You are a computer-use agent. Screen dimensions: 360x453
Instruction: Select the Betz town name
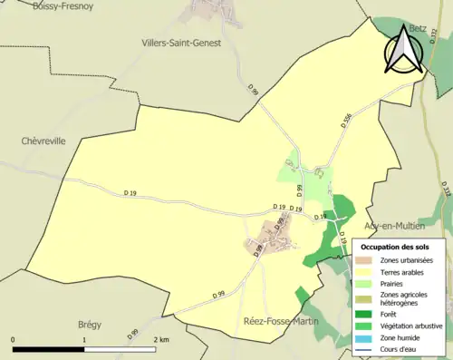coord(418,28)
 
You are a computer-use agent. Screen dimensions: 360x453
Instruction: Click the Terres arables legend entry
coord(402,271)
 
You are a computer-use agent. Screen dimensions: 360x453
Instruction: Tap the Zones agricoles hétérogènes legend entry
coord(404,299)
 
